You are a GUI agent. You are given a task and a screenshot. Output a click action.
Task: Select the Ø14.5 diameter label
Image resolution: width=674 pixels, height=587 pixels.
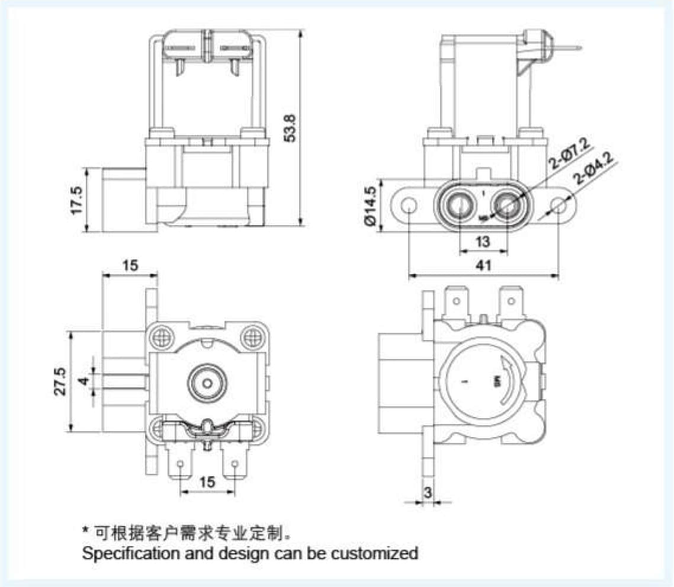[x=371, y=206]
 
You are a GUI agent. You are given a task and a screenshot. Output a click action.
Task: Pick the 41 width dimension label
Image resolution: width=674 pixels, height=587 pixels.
[x=484, y=267]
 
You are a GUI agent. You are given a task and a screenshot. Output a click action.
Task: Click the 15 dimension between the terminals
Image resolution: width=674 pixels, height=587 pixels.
[x=207, y=482]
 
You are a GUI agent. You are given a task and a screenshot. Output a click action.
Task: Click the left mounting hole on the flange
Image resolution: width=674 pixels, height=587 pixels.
[x=407, y=206]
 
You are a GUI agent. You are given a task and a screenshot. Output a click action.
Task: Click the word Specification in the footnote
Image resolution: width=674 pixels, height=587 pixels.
[x=122, y=554]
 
